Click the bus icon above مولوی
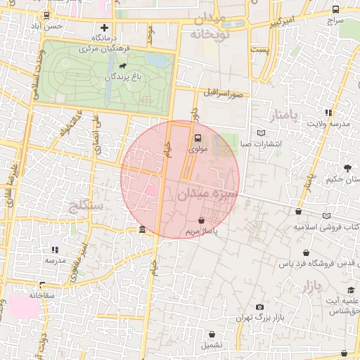pos(198,138)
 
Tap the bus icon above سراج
pos(336,10)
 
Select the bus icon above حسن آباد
pos(46,14)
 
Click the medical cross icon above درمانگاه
pos(105,27)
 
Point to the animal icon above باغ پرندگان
pos(123,66)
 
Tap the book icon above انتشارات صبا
pos(262,132)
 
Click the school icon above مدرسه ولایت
pos(328,112)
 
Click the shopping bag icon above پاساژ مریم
pos(202,220)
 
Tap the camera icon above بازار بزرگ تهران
pos(259,307)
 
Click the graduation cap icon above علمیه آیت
pos(351,290)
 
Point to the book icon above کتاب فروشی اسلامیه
pos(326,216)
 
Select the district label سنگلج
pos(87,205)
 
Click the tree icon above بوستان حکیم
pos(347,167)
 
